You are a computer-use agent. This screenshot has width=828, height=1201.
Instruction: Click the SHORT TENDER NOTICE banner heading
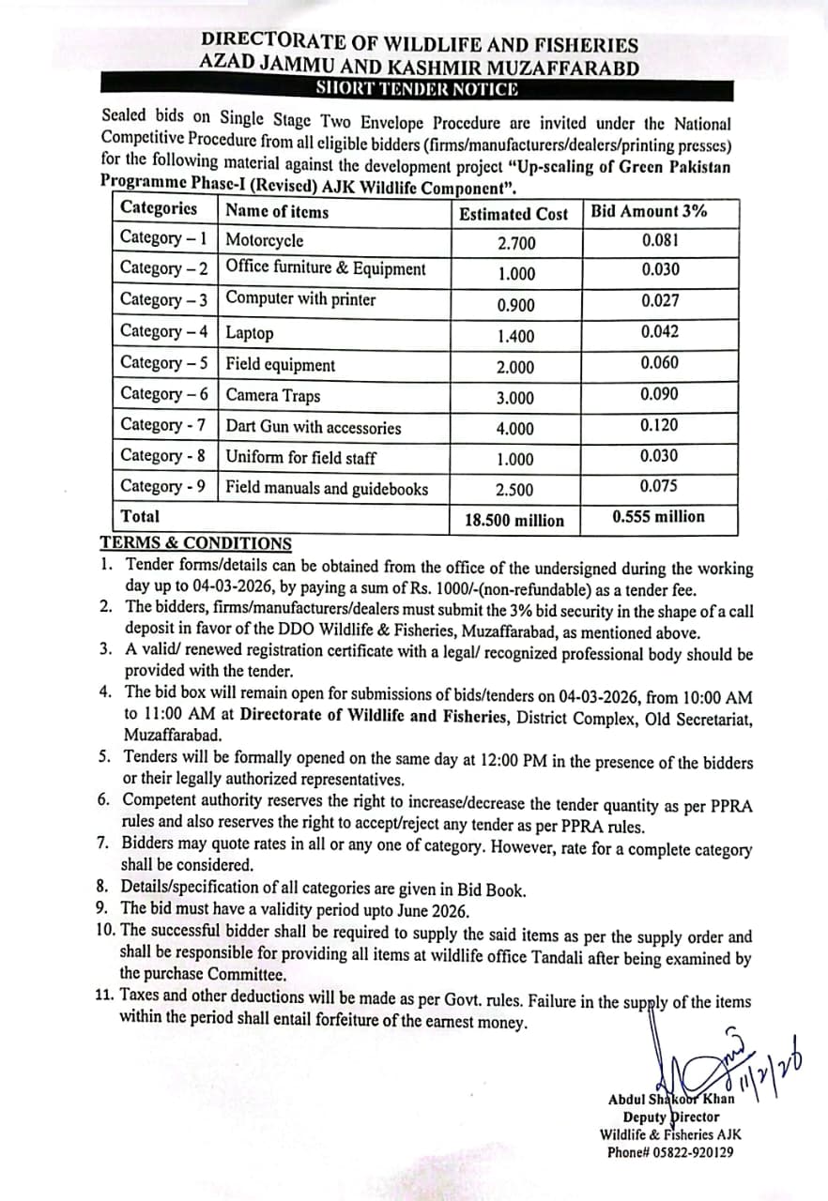(x=417, y=90)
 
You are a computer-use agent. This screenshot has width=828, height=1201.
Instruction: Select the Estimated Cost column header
(x=514, y=214)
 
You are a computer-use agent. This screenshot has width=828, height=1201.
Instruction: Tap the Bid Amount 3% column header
(x=648, y=211)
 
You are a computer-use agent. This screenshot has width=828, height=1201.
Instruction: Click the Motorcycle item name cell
(x=265, y=240)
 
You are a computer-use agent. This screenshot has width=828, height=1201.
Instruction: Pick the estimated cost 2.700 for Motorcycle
(x=516, y=244)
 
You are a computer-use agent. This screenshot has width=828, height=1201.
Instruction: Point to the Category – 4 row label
(x=165, y=331)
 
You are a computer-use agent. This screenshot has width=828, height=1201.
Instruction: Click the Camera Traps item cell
(x=273, y=396)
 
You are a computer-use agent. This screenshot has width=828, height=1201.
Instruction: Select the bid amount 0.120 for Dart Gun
(x=660, y=425)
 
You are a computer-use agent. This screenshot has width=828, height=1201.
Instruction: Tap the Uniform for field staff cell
(x=301, y=458)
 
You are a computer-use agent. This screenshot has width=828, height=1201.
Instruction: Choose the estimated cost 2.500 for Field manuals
(x=515, y=490)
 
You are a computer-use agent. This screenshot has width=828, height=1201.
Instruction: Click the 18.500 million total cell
(x=514, y=521)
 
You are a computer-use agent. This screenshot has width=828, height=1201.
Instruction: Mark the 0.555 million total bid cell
(x=658, y=517)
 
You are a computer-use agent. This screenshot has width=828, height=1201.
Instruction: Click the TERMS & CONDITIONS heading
(x=195, y=543)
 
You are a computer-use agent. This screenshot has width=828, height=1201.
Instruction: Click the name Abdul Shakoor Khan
(x=671, y=1099)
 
